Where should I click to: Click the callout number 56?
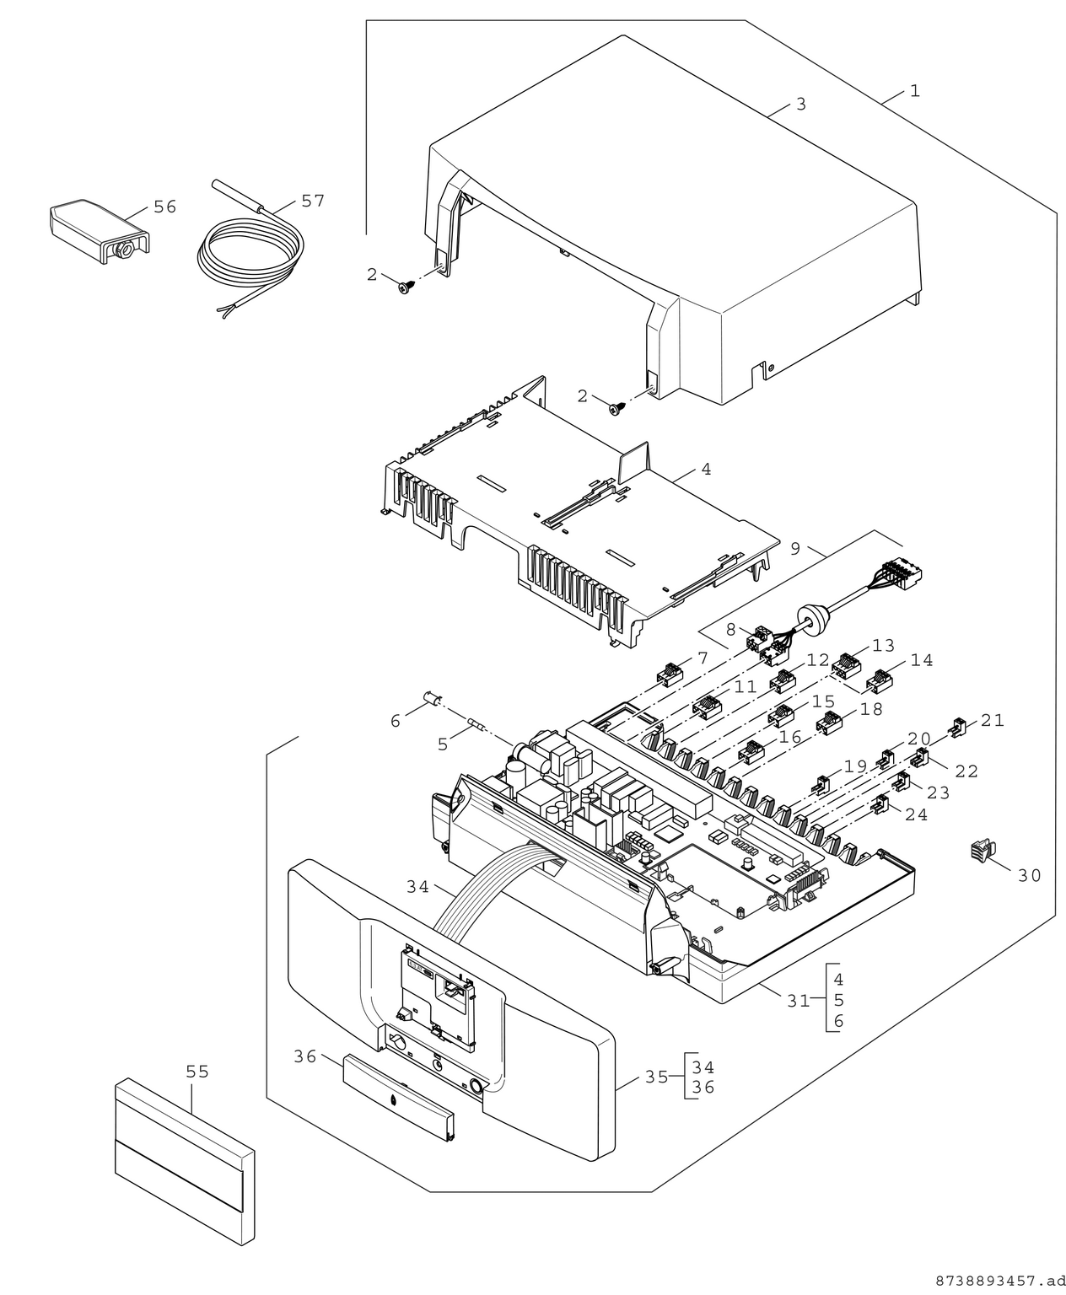[x=164, y=207]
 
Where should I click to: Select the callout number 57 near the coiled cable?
[x=312, y=201]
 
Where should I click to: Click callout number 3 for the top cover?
[x=800, y=105]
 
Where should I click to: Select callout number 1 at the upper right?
[x=914, y=91]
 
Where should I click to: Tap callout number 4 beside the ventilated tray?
[x=705, y=470]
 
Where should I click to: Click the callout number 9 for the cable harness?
[x=795, y=549]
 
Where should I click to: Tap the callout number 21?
[x=993, y=720]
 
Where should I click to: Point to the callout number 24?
[x=916, y=814]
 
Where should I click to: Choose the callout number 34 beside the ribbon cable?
[x=417, y=887]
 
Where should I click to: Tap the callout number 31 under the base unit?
[x=798, y=1001]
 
